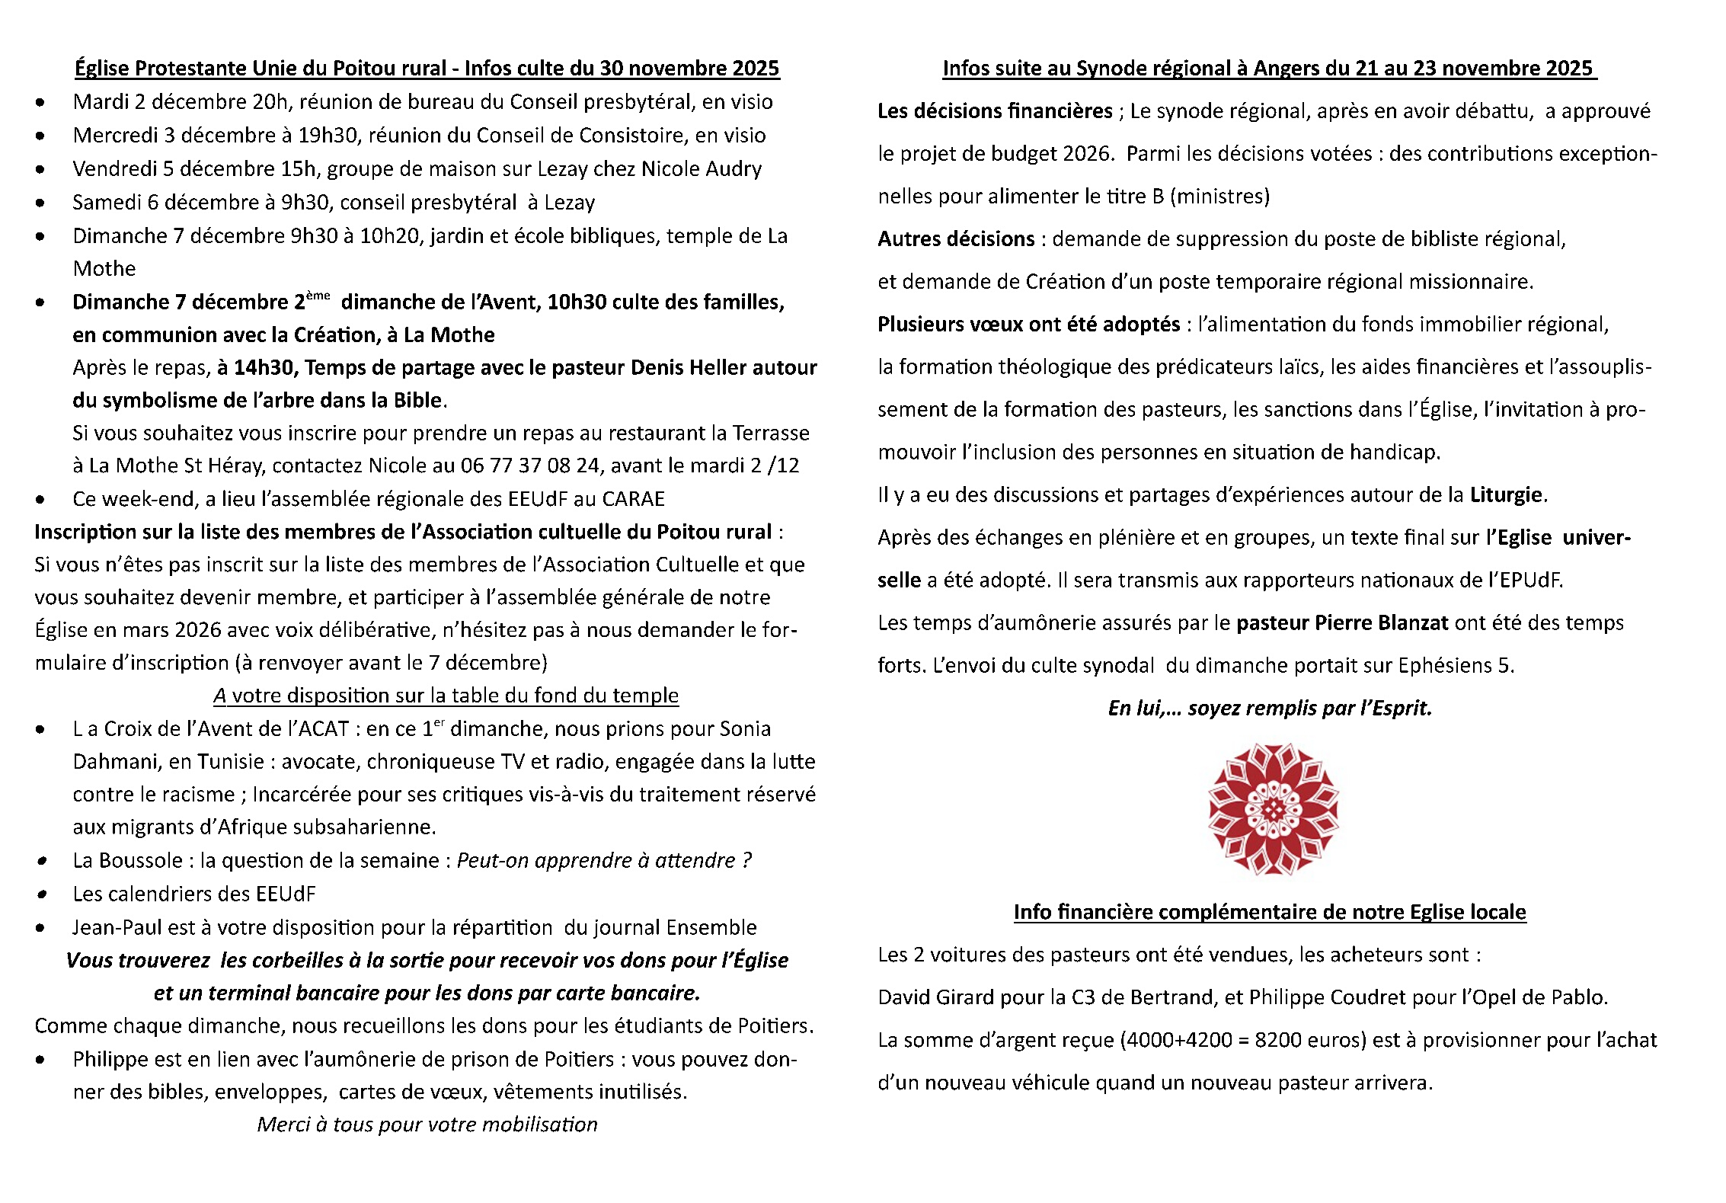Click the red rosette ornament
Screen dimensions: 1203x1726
1273,809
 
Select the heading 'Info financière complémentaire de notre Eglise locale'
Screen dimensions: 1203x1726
1270,912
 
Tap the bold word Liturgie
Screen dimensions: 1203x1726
1506,495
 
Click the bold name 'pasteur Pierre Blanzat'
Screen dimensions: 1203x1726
1341,623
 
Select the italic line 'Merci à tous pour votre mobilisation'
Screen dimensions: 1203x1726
427,1125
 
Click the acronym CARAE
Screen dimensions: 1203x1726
633,499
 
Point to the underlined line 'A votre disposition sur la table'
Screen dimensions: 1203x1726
446,696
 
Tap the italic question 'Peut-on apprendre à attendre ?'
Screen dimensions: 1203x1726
604,861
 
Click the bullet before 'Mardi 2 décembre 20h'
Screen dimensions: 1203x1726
40,103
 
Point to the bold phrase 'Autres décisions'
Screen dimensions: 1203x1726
956,239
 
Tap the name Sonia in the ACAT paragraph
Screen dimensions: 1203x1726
744,729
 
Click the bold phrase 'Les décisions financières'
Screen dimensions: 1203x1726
995,111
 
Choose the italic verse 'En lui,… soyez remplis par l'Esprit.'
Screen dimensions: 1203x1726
1270,709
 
